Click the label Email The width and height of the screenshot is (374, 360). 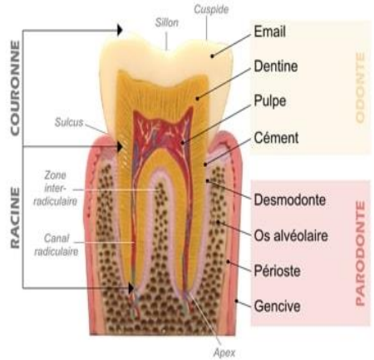(x=269, y=32)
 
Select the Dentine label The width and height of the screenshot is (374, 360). (x=276, y=67)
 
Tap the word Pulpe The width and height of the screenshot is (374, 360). (x=270, y=101)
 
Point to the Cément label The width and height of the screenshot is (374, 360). (x=276, y=138)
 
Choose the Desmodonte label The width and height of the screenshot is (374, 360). (x=290, y=200)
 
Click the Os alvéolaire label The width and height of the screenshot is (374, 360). (x=291, y=235)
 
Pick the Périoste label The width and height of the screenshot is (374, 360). (x=277, y=270)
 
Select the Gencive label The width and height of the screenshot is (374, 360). (x=277, y=306)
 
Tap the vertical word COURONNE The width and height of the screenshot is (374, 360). (x=15, y=88)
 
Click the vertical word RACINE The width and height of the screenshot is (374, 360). (x=15, y=218)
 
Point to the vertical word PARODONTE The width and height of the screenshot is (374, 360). (x=360, y=254)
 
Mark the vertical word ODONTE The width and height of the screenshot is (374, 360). (x=360, y=87)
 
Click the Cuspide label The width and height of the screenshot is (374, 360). (x=211, y=9)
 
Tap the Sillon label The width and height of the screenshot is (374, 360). (x=167, y=22)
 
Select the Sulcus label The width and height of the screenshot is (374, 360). (x=69, y=122)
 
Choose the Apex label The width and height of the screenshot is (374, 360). (x=224, y=353)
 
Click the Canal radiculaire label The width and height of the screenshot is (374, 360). (x=57, y=245)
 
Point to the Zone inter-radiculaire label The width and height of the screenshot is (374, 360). (x=55, y=188)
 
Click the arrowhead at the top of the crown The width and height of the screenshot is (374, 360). (x=120, y=30)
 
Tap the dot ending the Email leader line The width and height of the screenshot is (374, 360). (x=212, y=57)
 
